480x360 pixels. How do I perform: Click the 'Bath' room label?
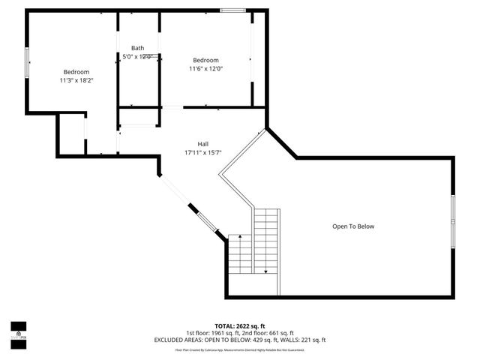138,47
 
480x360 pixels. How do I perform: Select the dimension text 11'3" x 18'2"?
76,79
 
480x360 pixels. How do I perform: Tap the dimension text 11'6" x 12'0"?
205,69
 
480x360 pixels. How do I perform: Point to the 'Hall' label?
203,144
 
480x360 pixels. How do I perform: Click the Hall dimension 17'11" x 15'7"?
203,152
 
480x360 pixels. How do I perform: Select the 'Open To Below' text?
353,226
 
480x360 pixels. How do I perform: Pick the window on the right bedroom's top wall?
232,10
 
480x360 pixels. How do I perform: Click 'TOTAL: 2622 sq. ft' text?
240,326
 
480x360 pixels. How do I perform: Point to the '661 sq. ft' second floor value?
279,333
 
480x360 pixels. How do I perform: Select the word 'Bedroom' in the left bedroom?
76,71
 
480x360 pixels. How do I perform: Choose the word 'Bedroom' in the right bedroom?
205,60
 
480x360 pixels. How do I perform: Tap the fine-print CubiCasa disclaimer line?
240,349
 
